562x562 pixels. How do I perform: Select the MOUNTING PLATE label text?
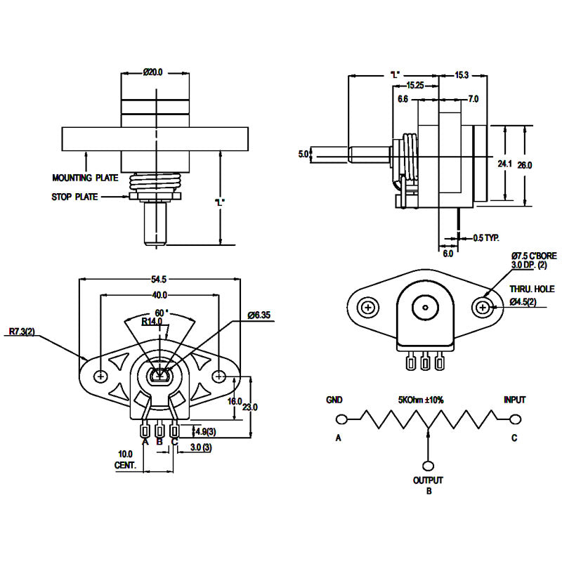[x=85, y=178]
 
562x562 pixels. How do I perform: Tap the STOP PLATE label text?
[x=74, y=197]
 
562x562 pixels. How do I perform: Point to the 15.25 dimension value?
[x=414, y=85]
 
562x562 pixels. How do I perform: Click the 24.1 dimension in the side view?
[x=504, y=164]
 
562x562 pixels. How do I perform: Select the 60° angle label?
[x=161, y=312]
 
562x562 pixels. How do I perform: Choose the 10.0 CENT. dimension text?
[x=124, y=459]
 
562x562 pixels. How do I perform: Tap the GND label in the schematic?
[x=334, y=400]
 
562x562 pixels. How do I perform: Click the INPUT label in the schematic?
[x=515, y=400]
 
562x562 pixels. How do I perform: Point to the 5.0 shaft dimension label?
[x=303, y=153]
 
